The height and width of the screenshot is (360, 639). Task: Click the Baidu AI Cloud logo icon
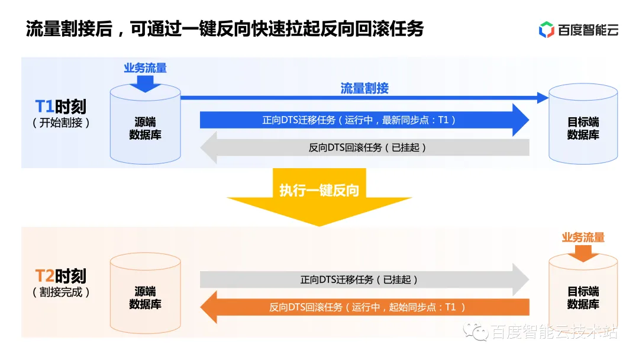coord(546,29)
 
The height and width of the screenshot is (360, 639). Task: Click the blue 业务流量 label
coord(145,68)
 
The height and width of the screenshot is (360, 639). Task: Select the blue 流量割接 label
coord(364,88)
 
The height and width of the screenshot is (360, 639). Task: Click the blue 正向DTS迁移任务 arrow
coord(364,120)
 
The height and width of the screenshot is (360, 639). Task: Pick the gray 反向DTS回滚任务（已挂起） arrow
coord(364,147)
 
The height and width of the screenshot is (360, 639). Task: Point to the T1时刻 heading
coord(61,107)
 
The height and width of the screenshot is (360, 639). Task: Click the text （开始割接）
coord(61,123)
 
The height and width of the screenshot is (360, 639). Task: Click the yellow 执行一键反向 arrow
coord(319,195)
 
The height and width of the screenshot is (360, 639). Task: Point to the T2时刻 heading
coord(61,276)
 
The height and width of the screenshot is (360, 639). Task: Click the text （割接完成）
coord(61,292)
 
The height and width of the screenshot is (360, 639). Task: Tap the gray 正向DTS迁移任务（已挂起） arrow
coord(364,279)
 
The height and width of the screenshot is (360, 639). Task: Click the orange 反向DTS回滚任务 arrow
coord(364,307)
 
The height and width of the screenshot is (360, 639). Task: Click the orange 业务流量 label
coord(583,237)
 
